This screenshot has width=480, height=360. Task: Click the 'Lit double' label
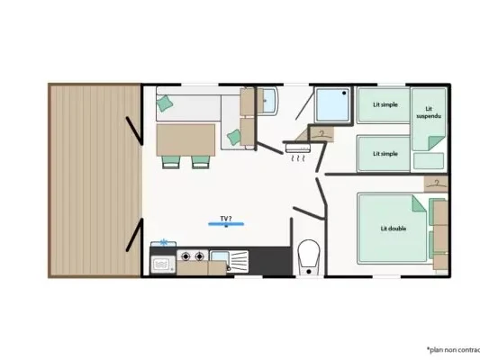(394, 229)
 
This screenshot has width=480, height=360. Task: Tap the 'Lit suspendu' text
(429, 112)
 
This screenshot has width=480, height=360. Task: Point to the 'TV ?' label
(226, 219)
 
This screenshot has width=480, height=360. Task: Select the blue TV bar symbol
(226, 224)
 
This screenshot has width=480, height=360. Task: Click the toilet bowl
(309, 253)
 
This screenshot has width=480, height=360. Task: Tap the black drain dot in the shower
(344, 93)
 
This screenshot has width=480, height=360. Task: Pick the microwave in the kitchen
(163, 265)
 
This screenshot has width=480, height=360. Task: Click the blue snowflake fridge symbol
(164, 242)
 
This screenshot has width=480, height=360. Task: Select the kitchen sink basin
(220, 256)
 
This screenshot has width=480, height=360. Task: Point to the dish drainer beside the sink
(239, 261)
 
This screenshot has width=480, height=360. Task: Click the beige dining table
(186, 140)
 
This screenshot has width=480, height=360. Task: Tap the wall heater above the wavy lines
(297, 148)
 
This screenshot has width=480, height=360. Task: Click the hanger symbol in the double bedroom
(436, 184)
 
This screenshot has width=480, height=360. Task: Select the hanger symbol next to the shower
(322, 134)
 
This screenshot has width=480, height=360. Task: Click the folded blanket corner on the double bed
(419, 204)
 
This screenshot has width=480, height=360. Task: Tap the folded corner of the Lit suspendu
(436, 143)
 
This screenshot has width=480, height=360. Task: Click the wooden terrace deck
(95, 180)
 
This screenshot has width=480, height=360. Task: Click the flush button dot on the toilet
(309, 271)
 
